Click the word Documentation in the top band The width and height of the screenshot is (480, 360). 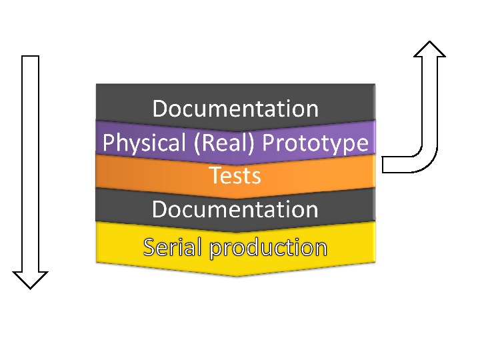(235, 108)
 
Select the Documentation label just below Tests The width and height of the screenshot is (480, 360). (235, 209)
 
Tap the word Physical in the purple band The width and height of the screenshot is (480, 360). (135, 143)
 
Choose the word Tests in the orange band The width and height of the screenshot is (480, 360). (235, 176)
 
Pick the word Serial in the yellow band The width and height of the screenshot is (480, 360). (172, 247)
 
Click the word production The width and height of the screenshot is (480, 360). (268, 248)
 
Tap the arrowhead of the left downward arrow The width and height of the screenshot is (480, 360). (31, 279)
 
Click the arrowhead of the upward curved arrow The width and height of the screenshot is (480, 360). (429, 49)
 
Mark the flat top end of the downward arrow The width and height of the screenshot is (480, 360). (31, 57)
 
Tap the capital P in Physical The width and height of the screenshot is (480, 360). (107, 143)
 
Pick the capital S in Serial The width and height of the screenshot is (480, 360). (150, 247)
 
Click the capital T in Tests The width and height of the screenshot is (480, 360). (215, 176)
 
